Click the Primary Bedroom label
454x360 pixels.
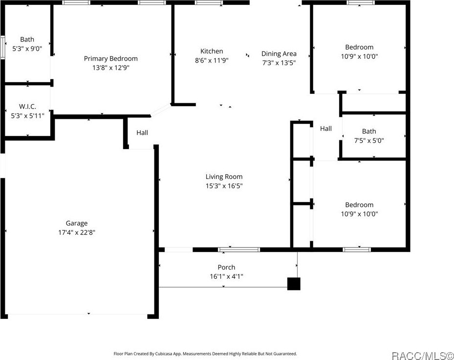pyautogui.click(x=110, y=59)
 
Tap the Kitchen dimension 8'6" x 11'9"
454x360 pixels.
pyautogui.click(x=212, y=61)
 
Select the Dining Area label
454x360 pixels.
pyautogui.click(x=279, y=54)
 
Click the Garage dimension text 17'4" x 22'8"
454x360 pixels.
pyautogui.click(x=77, y=232)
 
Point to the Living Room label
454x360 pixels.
pyautogui.click(x=224, y=177)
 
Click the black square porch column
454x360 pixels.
pyautogui.click(x=293, y=284)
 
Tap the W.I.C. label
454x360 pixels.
pyautogui.click(x=27, y=107)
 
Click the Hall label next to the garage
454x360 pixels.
pyautogui.click(x=142, y=133)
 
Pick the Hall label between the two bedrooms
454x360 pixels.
pyautogui.click(x=326, y=129)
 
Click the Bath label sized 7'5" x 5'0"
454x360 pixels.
pyautogui.click(x=369, y=131)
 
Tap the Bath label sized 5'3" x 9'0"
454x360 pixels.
pyautogui.click(x=27, y=40)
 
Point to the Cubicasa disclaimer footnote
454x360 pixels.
pyautogui.click(x=205, y=353)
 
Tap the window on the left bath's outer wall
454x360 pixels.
pyautogui.click(x=2, y=47)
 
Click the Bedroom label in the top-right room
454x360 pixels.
pyautogui.click(x=359, y=47)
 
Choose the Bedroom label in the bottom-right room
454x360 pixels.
pyautogui.click(x=359, y=205)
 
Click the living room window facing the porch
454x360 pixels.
pyautogui.click(x=238, y=249)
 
